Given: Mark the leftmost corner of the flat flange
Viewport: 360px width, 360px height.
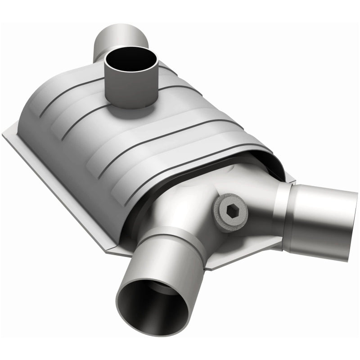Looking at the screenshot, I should [x=4, y=131].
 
